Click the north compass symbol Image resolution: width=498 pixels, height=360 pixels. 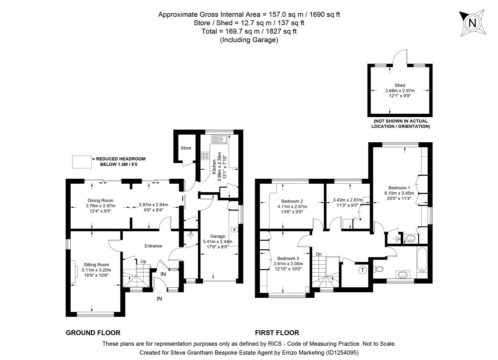[x=472, y=23]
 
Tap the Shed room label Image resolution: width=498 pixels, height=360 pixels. [x=400, y=85]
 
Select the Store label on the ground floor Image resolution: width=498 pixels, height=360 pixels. [x=186, y=148]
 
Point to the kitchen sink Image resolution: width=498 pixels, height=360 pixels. [x=221, y=138]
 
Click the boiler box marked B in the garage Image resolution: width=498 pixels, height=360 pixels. [x=235, y=230]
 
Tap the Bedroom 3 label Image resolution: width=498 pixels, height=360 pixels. [x=288, y=258]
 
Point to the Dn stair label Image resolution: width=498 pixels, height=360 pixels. [x=319, y=254]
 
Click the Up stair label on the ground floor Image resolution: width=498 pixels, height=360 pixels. [x=143, y=261]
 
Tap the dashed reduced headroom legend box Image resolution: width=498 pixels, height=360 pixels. [x=82, y=161]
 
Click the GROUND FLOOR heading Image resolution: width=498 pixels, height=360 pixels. [x=93, y=332]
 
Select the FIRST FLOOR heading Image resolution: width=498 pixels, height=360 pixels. [x=277, y=332]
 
